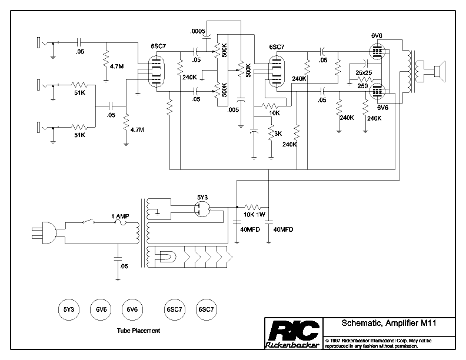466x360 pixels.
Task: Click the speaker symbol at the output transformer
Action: tap(440, 71)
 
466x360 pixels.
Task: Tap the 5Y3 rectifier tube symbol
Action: tap(202, 209)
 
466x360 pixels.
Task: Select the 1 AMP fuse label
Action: tap(120, 216)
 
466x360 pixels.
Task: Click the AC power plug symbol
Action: tap(45, 233)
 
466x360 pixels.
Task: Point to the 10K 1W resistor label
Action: tap(254, 215)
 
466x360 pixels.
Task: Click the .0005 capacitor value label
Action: tap(198, 31)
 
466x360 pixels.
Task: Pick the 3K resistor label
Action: tap(278, 134)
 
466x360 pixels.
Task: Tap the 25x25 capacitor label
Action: tap(364, 72)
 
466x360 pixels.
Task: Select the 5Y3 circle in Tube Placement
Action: tap(69, 309)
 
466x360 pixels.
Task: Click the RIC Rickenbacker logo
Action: tap(294, 334)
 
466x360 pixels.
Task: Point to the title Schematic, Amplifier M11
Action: tap(389, 323)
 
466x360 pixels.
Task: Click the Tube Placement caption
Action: tap(138, 331)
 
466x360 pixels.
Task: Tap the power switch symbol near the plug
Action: tap(89, 221)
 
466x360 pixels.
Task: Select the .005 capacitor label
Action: tap(233, 110)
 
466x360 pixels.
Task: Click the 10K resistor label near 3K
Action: tap(274, 113)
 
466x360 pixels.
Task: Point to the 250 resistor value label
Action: tap(362, 86)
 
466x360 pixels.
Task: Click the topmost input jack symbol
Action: tap(42, 42)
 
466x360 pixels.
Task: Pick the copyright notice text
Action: tap(379, 344)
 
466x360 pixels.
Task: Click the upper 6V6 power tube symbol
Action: tap(377, 51)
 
